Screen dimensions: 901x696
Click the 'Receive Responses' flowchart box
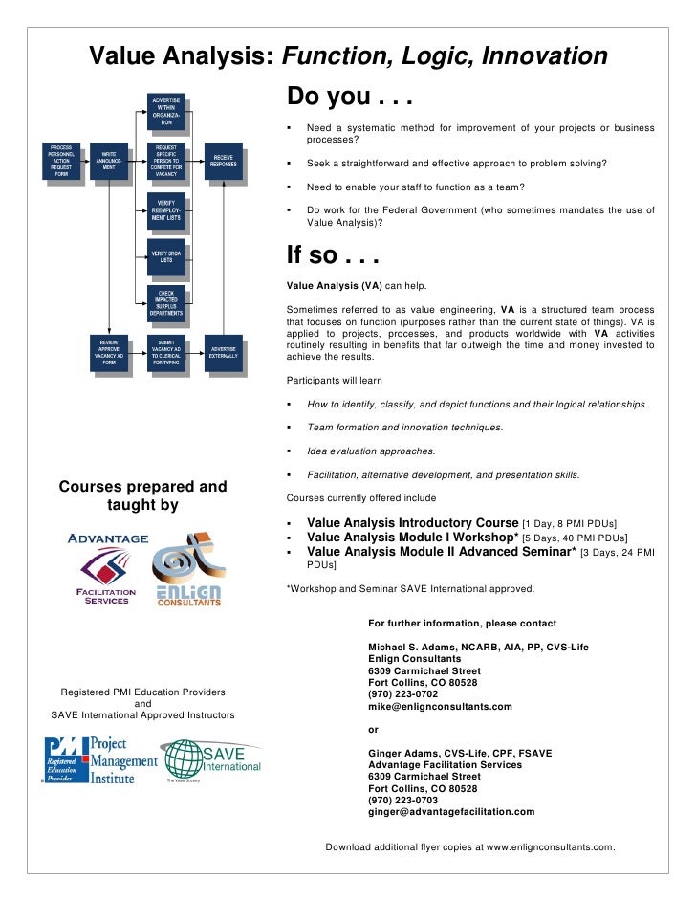[x=223, y=161]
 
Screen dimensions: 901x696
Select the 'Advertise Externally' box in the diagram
[x=223, y=354]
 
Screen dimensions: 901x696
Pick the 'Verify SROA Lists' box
[x=165, y=256]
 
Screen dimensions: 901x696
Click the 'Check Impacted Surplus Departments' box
[x=165, y=304]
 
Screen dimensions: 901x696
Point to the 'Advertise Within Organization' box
[x=165, y=112]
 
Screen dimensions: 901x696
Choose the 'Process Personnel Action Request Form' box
[x=61, y=161]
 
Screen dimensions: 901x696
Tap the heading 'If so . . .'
[x=334, y=256]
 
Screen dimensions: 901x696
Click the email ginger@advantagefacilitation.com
[x=451, y=811]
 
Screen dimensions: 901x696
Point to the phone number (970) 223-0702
[x=402, y=694]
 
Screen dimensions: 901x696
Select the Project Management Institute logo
[x=100, y=760]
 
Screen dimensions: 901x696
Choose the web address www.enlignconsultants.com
[x=550, y=847]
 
